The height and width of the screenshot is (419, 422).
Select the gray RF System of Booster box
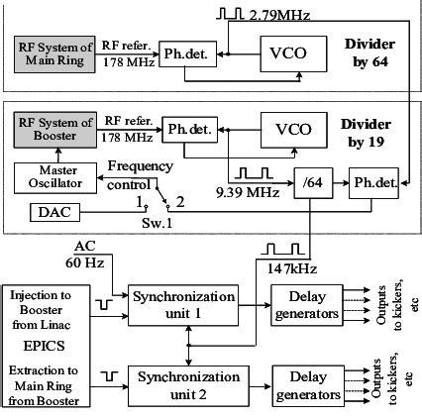pyautogui.click(x=56, y=131)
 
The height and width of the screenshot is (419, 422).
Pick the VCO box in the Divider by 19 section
pyautogui.click(x=281, y=130)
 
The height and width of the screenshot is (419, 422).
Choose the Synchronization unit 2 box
pyautogui.click(x=187, y=384)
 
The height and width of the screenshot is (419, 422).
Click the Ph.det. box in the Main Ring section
pyautogui.click(x=189, y=53)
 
